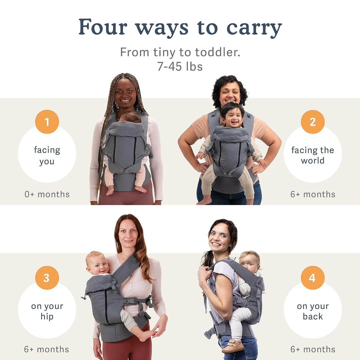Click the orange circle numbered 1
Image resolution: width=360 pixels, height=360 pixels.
coord(47,122)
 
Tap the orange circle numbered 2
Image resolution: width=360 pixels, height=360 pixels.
coord(313,122)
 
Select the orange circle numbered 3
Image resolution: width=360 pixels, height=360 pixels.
coord(47,278)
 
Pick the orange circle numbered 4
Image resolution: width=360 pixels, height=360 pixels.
coord(313,278)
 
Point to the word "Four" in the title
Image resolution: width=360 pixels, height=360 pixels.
coord(103,27)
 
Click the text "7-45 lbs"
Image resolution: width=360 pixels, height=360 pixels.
coord(180,67)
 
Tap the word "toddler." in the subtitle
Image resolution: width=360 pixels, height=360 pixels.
coord(218,52)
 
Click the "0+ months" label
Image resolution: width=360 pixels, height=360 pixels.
coord(47,194)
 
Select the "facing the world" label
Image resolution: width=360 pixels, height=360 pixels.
coord(313,155)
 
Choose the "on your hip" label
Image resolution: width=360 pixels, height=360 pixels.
coord(47,311)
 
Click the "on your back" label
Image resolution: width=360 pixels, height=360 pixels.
coord(313,311)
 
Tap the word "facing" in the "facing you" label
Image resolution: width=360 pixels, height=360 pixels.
coord(47,150)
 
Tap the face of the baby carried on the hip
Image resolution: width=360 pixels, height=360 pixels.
coord(98,264)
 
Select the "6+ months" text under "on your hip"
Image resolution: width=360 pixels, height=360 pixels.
coord(47,349)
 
